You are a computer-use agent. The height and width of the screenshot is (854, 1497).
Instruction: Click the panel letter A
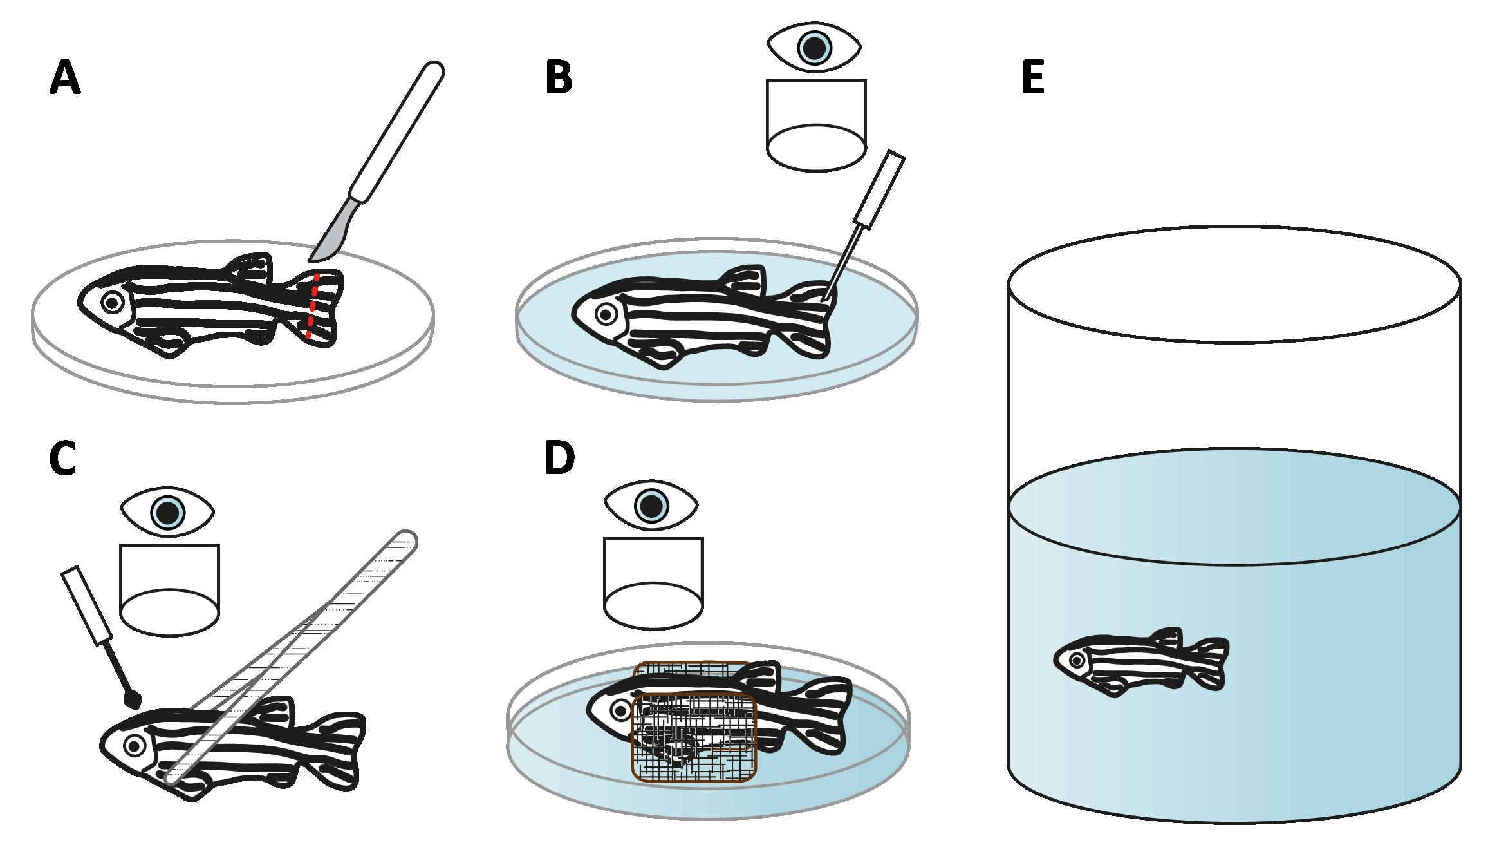(x=65, y=77)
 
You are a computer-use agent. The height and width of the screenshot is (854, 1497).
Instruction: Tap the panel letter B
(x=559, y=77)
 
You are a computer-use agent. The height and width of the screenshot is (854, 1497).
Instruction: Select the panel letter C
(x=63, y=459)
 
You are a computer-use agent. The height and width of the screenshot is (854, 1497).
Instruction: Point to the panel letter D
(x=559, y=458)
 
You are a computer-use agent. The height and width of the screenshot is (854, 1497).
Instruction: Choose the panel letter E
(x=1033, y=77)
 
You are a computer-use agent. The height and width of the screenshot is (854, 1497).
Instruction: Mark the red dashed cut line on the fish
(x=313, y=305)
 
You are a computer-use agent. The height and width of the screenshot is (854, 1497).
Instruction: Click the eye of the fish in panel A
(x=112, y=302)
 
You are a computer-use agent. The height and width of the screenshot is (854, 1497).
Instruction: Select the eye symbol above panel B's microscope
(x=814, y=48)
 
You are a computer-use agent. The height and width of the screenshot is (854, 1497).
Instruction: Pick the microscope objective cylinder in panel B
(x=816, y=126)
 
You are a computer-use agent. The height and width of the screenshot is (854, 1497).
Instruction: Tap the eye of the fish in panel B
(x=606, y=314)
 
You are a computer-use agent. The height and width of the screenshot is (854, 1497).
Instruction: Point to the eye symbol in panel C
(x=167, y=512)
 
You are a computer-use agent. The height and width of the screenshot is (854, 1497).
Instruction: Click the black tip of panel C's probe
(x=133, y=699)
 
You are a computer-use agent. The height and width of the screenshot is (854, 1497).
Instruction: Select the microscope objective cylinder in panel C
(x=170, y=589)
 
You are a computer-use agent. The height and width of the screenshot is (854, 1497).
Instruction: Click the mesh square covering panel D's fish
(x=694, y=737)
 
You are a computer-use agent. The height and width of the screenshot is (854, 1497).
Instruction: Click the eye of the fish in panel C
(x=135, y=746)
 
